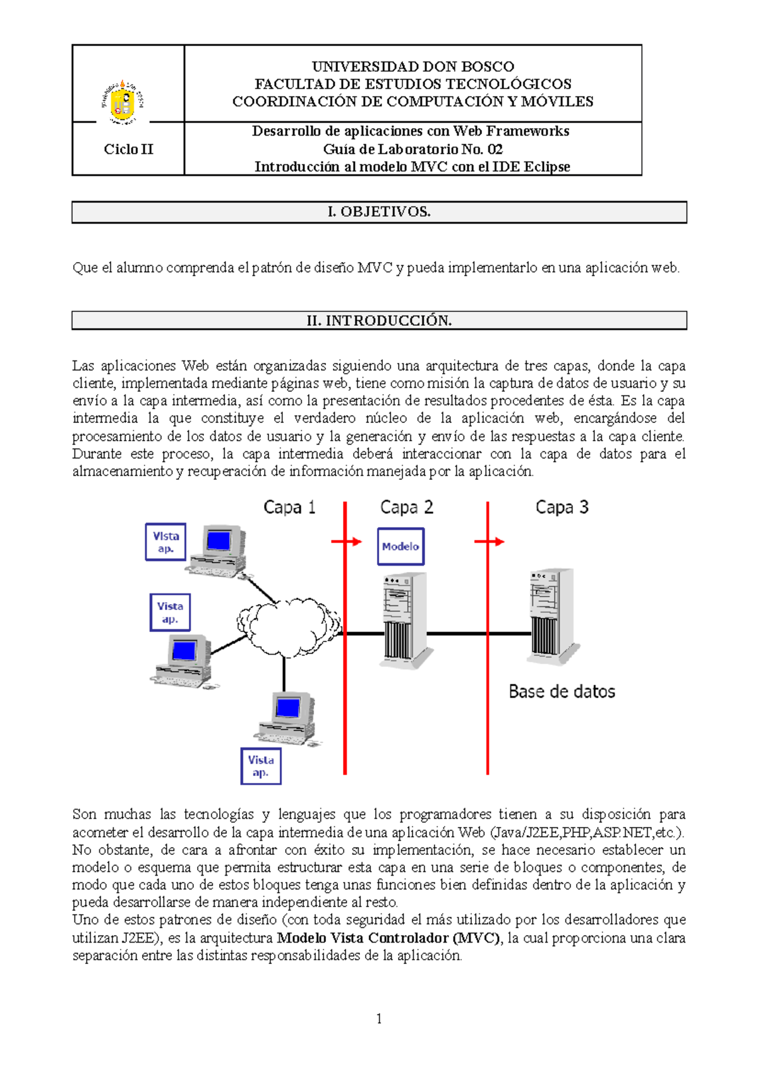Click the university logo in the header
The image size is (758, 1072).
coord(123,101)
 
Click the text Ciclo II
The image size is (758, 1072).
coord(128,150)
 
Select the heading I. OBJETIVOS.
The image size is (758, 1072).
coord(379,212)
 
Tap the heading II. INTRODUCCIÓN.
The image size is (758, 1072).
coord(379,321)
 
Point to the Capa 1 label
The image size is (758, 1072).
coord(289,508)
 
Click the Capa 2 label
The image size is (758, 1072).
coord(406,508)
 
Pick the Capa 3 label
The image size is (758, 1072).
coord(562,508)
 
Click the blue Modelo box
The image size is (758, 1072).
coord(400,547)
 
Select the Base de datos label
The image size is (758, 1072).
coord(562,692)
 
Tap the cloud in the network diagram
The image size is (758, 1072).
coord(287,626)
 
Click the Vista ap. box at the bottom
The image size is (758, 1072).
coord(261,766)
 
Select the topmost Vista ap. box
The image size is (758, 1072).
coord(165,542)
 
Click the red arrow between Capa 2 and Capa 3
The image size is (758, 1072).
coord(490,542)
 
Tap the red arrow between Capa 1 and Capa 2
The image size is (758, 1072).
coord(346,542)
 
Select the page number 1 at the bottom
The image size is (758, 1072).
coord(378,1018)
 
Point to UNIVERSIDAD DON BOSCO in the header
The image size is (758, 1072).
coord(413,67)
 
